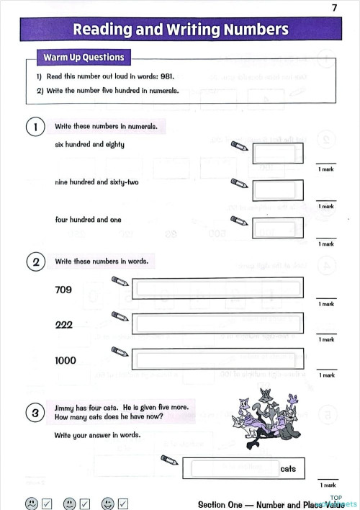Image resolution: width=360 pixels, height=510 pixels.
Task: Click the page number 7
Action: pos(334,7)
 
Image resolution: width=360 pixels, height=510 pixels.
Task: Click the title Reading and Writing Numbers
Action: pos(180,30)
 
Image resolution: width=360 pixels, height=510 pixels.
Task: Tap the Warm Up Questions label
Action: pos(84,57)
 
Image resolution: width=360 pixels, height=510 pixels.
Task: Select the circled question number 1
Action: pos(34,127)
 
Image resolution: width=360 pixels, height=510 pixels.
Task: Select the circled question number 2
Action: pos(34,261)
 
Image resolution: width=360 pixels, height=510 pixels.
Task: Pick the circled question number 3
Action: pos(34,413)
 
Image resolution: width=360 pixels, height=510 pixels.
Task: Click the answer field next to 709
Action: pos(219,290)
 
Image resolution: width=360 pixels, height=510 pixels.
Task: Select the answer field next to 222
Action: pos(219,324)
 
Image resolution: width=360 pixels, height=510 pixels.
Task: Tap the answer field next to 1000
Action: pos(219,359)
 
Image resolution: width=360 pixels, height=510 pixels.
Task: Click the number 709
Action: pos(64,290)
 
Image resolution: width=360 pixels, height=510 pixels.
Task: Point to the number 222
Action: pos(64,325)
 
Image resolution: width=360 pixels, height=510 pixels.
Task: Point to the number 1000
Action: pos(66,360)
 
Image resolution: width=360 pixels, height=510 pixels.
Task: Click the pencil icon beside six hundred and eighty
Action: pos(238,146)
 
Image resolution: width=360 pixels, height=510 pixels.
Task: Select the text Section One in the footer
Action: pos(220,504)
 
